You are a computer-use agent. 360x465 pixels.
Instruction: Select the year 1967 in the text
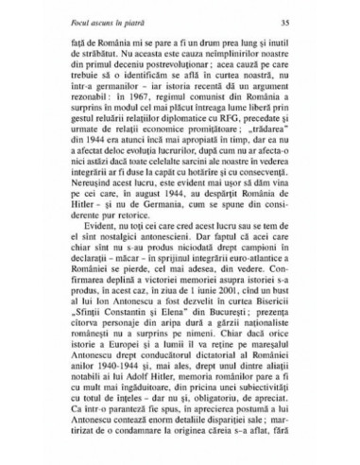[163, 123]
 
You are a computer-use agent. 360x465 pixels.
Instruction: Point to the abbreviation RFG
[245, 147]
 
